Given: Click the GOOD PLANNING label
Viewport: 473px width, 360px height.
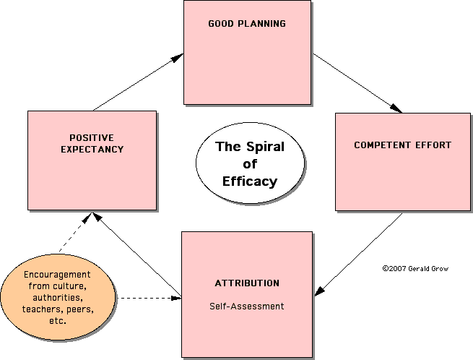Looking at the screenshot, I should [247, 24].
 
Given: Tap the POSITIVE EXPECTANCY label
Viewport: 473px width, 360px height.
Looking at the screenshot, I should [92, 143].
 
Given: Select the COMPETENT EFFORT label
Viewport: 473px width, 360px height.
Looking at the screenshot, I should [402, 145].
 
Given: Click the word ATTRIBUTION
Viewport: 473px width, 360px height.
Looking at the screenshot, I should [246, 283].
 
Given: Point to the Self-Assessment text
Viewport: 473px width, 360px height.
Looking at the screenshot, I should [246, 306].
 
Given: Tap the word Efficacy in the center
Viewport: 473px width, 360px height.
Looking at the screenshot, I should [251, 181].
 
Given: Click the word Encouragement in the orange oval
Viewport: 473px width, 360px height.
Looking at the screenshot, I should [57, 275].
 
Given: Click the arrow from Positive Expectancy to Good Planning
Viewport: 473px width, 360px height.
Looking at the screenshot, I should [137, 82].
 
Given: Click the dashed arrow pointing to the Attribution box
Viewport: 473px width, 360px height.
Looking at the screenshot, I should [148, 297].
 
